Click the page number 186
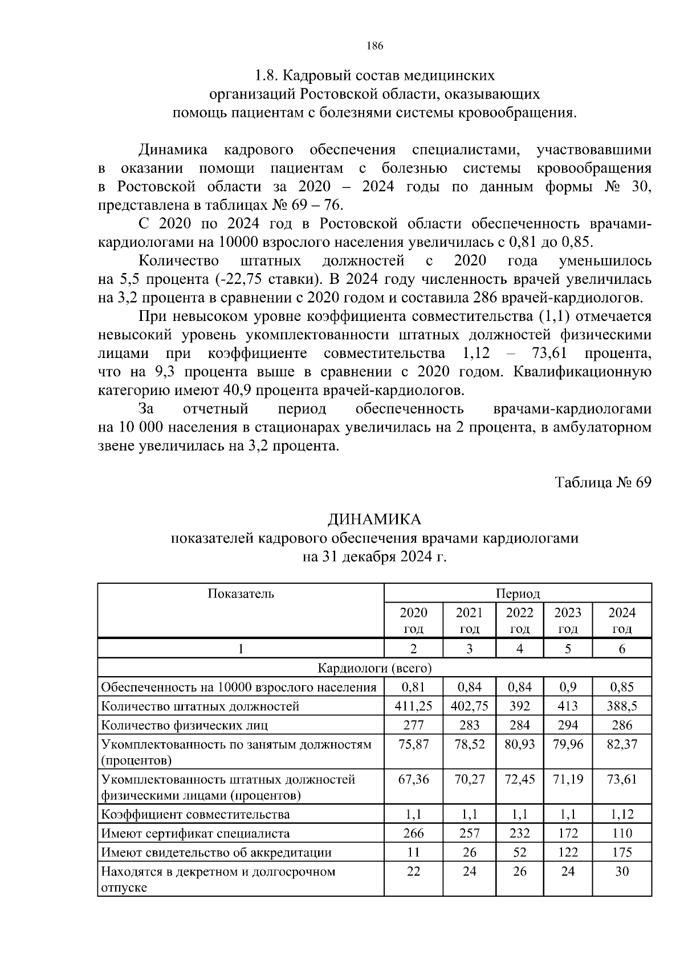pyautogui.click(x=374, y=46)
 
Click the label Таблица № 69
pyautogui.click(x=603, y=483)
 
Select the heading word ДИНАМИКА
pyautogui.click(x=374, y=519)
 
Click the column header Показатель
pyautogui.click(x=241, y=593)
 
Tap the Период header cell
pyautogui.click(x=518, y=593)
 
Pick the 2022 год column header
pyautogui.click(x=520, y=620)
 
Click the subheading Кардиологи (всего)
pyautogui.click(x=374, y=668)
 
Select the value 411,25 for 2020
pyautogui.click(x=413, y=706)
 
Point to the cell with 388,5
pyautogui.click(x=622, y=706)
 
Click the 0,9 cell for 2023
pyautogui.click(x=568, y=687)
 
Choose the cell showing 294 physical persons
pyautogui.click(x=568, y=725)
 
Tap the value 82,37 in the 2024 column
pyautogui.click(x=622, y=744)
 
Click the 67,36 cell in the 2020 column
pyautogui.click(x=413, y=779)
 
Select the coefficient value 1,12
pyautogui.click(x=622, y=814)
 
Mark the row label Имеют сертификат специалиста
pyautogui.click(x=196, y=833)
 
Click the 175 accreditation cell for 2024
pyautogui.click(x=622, y=852)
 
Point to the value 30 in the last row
pyautogui.click(x=622, y=871)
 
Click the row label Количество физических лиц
pyautogui.click(x=185, y=725)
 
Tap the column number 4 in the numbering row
pyautogui.click(x=520, y=649)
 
